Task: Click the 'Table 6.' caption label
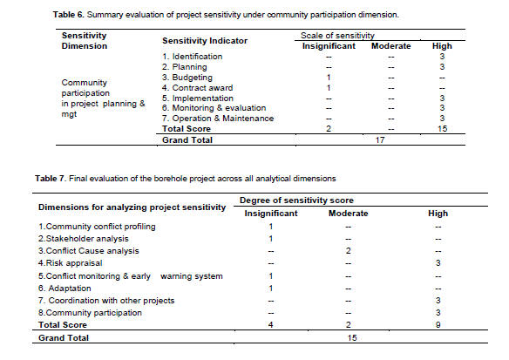point(69,15)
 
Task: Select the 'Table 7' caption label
point(51,179)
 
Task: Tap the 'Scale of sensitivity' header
point(337,36)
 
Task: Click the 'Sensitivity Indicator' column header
point(205,41)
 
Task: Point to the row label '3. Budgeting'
point(187,78)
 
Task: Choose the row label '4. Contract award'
point(197,88)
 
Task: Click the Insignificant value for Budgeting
point(329,78)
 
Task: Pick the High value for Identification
point(442,57)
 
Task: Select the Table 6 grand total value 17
point(380,140)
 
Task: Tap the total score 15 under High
point(442,129)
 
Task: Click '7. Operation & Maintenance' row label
point(218,119)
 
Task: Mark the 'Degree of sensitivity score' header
point(296,200)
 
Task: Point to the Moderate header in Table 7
point(349,214)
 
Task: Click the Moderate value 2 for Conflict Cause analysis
point(349,251)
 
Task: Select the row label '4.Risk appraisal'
point(70,263)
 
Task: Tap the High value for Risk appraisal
point(438,263)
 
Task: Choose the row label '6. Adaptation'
point(64,289)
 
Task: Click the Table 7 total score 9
point(438,325)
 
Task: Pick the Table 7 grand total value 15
point(352,338)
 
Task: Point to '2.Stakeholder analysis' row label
point(84,239)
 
